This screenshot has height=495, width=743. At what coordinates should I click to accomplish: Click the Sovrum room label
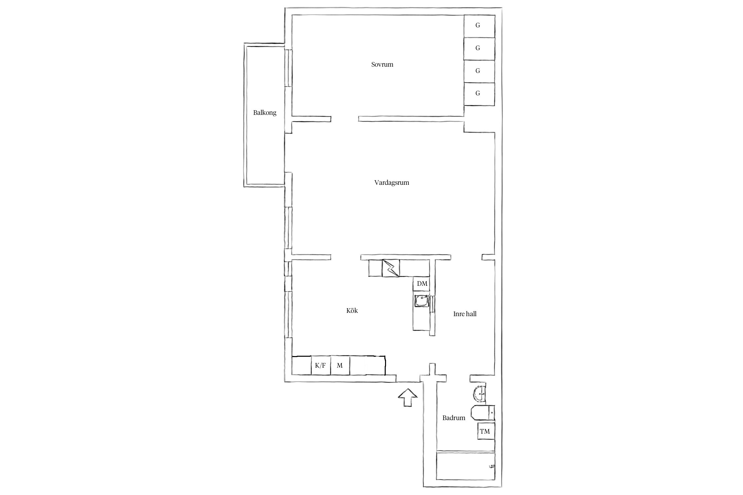[x=382, y=64]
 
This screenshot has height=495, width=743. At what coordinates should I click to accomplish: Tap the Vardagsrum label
[x=392, y=182]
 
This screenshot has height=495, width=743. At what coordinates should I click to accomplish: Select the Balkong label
[x=265, y=113]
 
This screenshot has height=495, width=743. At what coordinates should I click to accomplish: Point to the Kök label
[x=352, y=311]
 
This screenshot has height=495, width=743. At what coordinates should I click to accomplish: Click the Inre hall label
[x=465, y=314]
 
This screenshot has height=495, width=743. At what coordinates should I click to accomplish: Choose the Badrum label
[x=454, y=418]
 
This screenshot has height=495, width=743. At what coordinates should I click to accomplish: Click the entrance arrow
[x=408, y=398]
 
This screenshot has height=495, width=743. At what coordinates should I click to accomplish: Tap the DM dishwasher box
[x=421, y=283]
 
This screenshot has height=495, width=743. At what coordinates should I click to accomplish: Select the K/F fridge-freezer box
[x=321, y=365]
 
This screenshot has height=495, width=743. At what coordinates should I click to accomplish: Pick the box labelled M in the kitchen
[x=340, y=365]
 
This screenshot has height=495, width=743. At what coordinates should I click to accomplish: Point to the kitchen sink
[x=422, y=301]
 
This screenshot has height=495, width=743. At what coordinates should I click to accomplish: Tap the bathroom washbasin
[x=479, y=393]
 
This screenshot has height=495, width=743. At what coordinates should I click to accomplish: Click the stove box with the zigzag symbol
[x=391, y=268]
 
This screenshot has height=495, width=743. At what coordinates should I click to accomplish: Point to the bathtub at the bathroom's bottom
[x=466, y=470]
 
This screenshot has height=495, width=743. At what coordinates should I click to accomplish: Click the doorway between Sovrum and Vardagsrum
[x=344, y=119]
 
